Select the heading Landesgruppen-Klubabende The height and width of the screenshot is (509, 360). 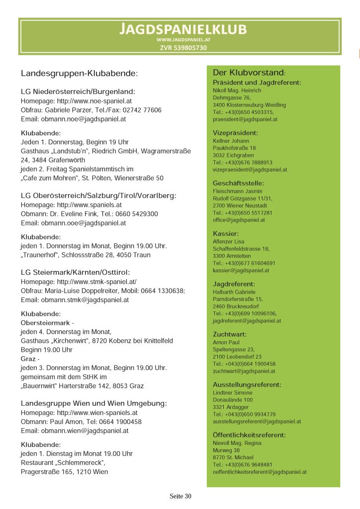[x=79, y=74]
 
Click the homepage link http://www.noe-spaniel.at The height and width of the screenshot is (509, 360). [x=94, y=101]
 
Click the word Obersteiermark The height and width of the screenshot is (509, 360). [x=45, y=323]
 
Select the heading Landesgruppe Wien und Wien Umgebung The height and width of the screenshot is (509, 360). [x=93, y=403]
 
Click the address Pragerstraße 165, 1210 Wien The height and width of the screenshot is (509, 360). [x=64, y=472]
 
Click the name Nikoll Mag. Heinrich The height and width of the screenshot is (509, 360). [x=237, y=91]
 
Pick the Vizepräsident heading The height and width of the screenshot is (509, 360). [x=235, y=133]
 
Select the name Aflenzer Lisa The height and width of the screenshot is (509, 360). [x=229, y=242]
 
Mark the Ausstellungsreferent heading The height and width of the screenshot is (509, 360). [x=247, y=385]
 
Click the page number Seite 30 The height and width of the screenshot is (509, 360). [x=180, y=496]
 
